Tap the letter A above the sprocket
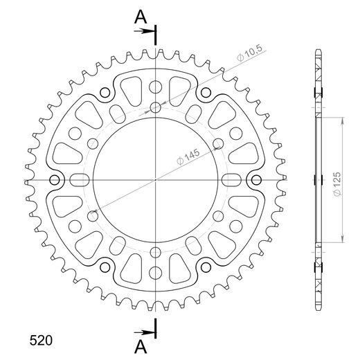[x=140, y=15]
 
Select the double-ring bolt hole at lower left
[x=105, y=268]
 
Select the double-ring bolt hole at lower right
[x=208, y=268]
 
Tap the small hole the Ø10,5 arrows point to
[x=156, y=107]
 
